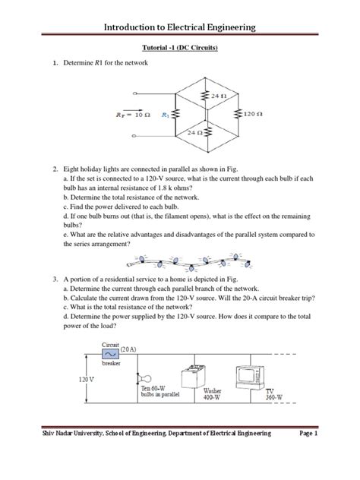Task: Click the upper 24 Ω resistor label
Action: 218,96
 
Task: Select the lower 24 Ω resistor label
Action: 182,133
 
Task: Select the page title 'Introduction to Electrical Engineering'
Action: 179,28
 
